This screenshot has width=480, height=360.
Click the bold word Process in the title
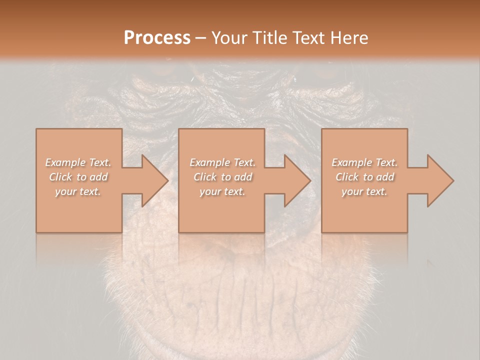point(157,38)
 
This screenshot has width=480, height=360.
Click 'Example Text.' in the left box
point(78,162)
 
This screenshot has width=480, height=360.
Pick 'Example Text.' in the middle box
point(222,162)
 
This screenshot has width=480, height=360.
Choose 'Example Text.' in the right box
point(364,162)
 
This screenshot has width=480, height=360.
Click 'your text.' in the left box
point(78,191)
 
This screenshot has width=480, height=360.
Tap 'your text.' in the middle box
point(222,191)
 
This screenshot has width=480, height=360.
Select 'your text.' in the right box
point(364,191)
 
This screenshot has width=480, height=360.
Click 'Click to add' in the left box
point(78,177)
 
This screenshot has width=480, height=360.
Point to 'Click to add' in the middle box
point(222,177)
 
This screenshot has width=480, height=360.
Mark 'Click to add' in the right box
point(364,177)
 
